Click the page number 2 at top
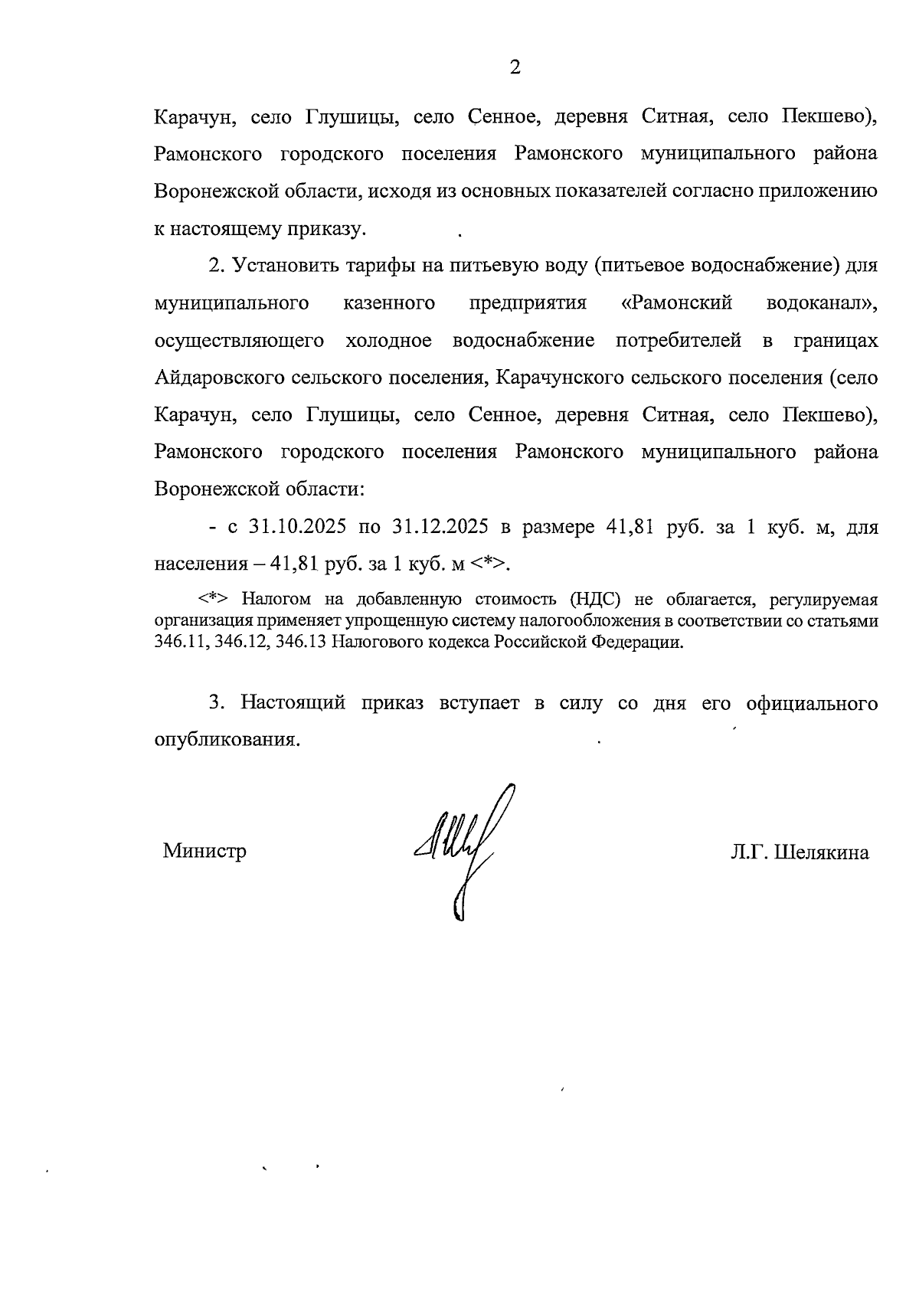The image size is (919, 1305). coord(515,67)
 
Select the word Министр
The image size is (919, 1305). coord(204,851)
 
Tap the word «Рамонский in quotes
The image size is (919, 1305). coord(675,303)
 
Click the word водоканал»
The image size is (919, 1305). coord(822,303)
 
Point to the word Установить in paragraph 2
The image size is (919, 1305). coord(283,265)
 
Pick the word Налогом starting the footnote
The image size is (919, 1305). coord(274,599)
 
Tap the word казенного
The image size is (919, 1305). coord(389,303)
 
